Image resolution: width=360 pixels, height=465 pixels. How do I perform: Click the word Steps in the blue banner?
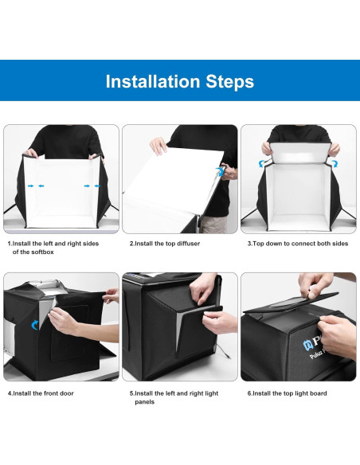coord(228,81)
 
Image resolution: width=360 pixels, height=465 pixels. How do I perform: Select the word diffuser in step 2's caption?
coord(187,243)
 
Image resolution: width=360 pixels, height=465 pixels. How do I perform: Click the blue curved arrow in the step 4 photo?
coord(34,324)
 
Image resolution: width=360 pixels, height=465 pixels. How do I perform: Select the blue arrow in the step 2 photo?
coord(220,170)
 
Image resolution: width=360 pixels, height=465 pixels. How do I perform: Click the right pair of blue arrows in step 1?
coord(92,186)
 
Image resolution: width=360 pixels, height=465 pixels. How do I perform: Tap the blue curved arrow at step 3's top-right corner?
coord(335,162)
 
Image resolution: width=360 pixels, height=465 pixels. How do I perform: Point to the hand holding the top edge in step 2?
coord(159,146)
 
